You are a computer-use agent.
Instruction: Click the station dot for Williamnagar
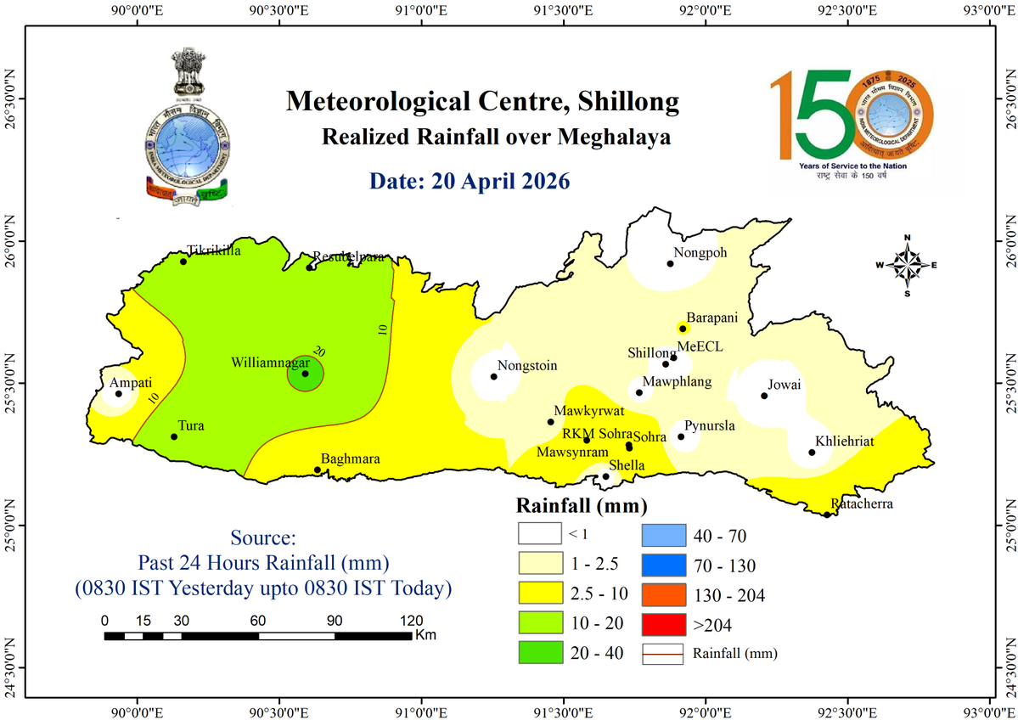click(306, 374)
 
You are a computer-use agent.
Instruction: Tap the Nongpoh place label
click(701, 252)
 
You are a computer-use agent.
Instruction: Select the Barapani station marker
click(682, 328)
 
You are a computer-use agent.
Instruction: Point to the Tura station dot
click(174, 436)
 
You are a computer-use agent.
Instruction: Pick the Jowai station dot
click(764, 396)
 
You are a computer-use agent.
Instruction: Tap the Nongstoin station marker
click(494, 376)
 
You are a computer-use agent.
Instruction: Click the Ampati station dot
click(118, 393)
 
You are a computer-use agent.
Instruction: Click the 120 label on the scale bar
click(412, 620)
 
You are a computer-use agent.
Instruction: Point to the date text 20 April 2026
click(469, 181)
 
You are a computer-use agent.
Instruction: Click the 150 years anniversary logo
click(852, 119)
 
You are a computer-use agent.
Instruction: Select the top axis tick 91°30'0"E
click(563, 11)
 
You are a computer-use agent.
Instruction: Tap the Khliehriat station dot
click(812, 452)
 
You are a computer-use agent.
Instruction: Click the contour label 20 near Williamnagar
click(319, 352)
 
